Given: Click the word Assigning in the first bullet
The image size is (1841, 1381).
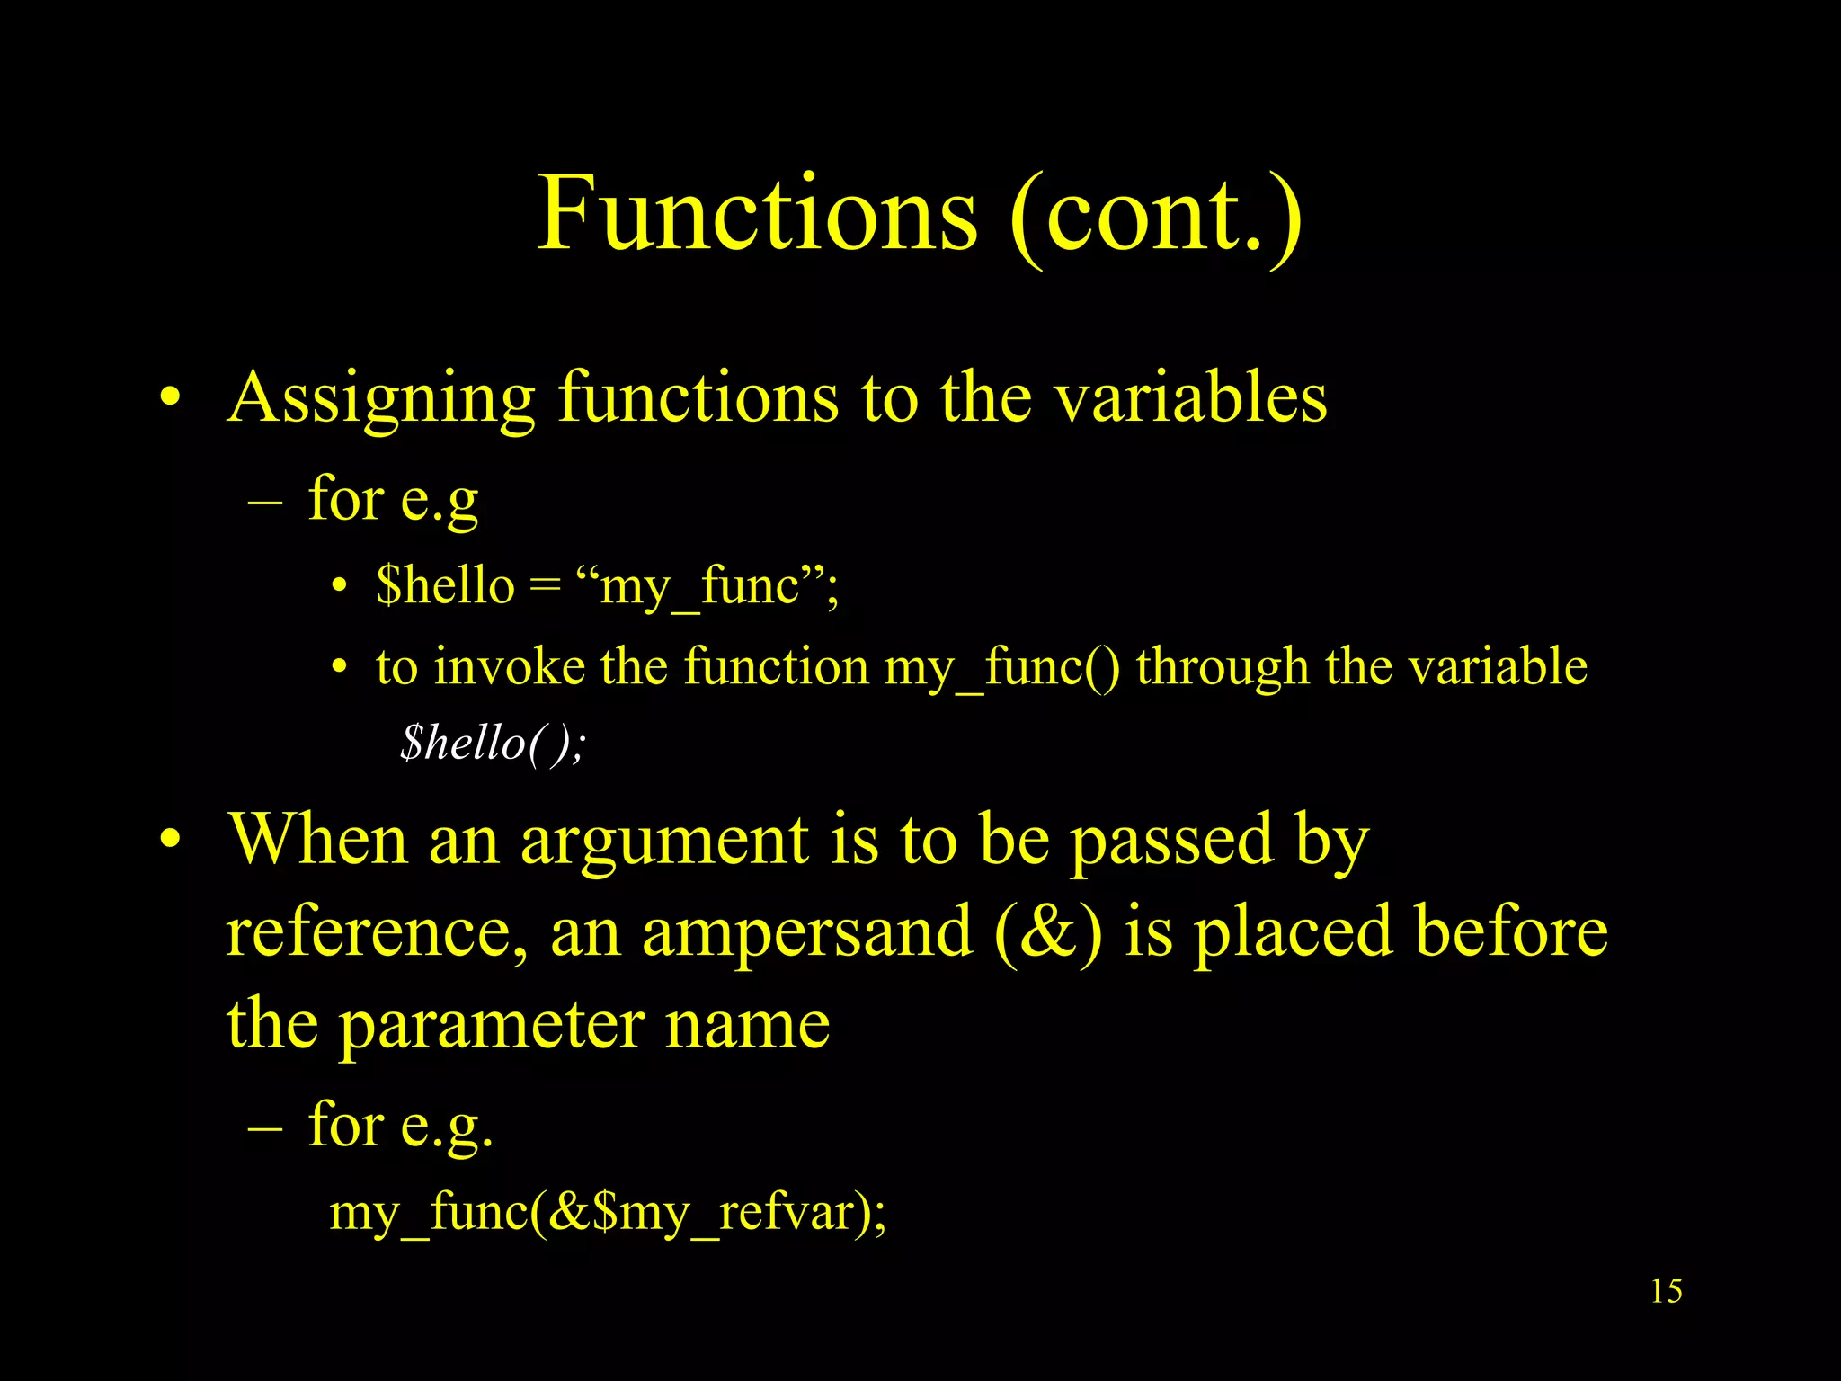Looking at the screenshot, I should pyautogui.click(x=382, y=398).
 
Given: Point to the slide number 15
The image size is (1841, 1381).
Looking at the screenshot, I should pyautogui.click(x=1666, y=1291).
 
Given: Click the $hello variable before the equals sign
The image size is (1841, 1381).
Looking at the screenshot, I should pyautogui.click(x=445, y=585).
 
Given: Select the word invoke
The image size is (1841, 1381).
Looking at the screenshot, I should pyautogui.click(x=510, y=667).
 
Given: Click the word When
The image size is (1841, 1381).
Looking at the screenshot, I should pyautogui.click(x=318, y=839).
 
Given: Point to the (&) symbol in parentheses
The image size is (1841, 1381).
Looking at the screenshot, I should pyautogui.click(x=1048, y=932).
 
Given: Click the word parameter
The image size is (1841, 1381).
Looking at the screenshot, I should pyautogui.click(x=492, y=1026).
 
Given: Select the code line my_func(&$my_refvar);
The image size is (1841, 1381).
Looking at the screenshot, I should pyautogui.click(x=608, y=1213).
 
